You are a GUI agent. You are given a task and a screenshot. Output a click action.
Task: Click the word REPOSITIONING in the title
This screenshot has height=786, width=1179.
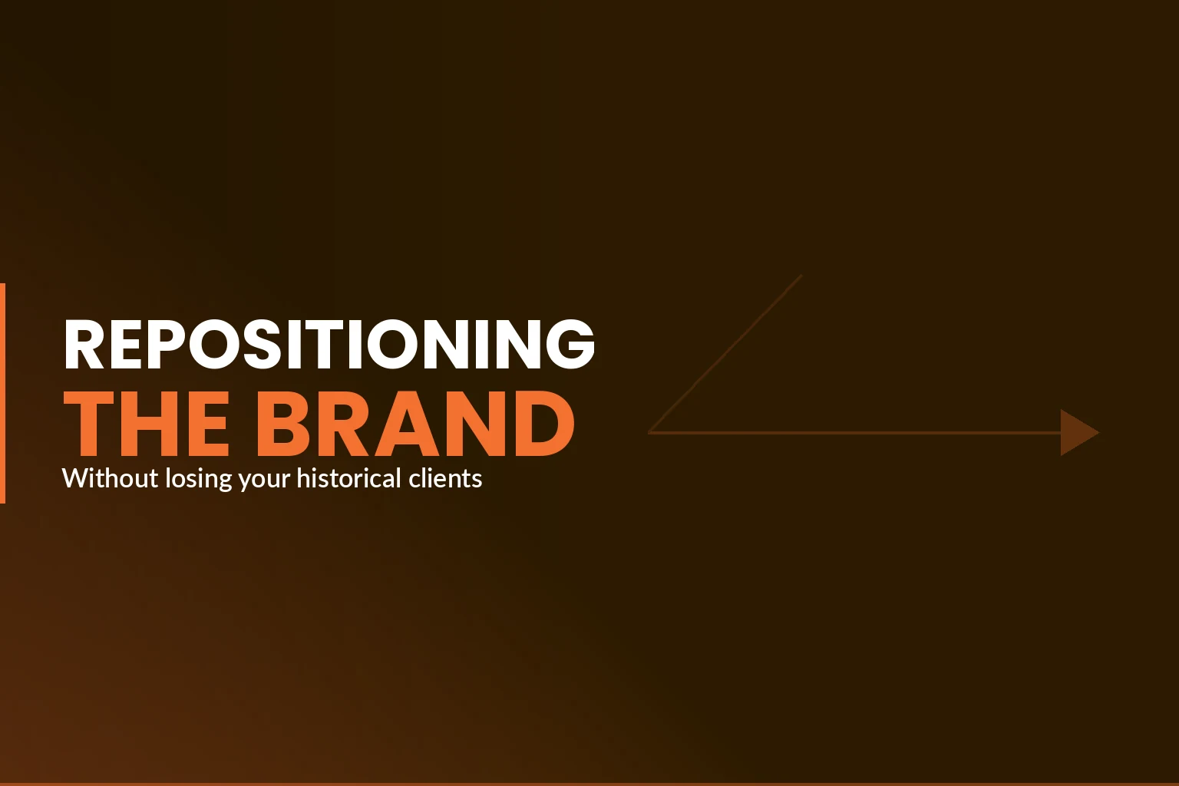329,344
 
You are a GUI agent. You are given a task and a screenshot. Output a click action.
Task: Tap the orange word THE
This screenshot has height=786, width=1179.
146,424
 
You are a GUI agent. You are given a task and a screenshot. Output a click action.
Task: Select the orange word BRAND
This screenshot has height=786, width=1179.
414,424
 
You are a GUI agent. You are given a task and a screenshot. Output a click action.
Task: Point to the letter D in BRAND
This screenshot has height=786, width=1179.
542,424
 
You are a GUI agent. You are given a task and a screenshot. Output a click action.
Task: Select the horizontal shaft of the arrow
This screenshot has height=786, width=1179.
852,433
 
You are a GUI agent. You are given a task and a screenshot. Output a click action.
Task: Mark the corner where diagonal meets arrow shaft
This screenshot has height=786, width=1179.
650,432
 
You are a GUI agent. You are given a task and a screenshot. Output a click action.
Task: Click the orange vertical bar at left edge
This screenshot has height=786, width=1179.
2,393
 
